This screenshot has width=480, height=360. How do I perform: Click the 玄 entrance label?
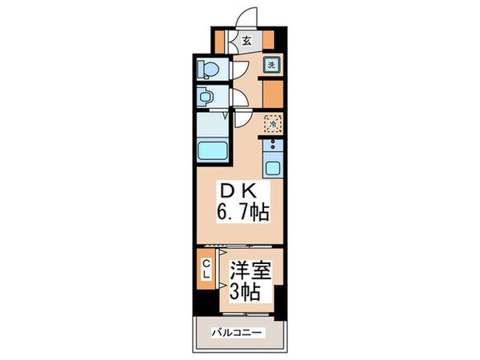(247, 40)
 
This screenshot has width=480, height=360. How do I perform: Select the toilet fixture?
(206, 69)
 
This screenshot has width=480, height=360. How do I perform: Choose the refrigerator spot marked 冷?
(272, 124)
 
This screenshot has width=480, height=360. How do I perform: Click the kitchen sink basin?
(273, 169)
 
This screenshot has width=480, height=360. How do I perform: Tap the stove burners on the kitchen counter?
(273, 146)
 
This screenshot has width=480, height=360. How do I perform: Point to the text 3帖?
(245, 291)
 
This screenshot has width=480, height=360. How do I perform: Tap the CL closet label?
(206, 268)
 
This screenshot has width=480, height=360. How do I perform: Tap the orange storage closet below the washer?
(273, 94)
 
